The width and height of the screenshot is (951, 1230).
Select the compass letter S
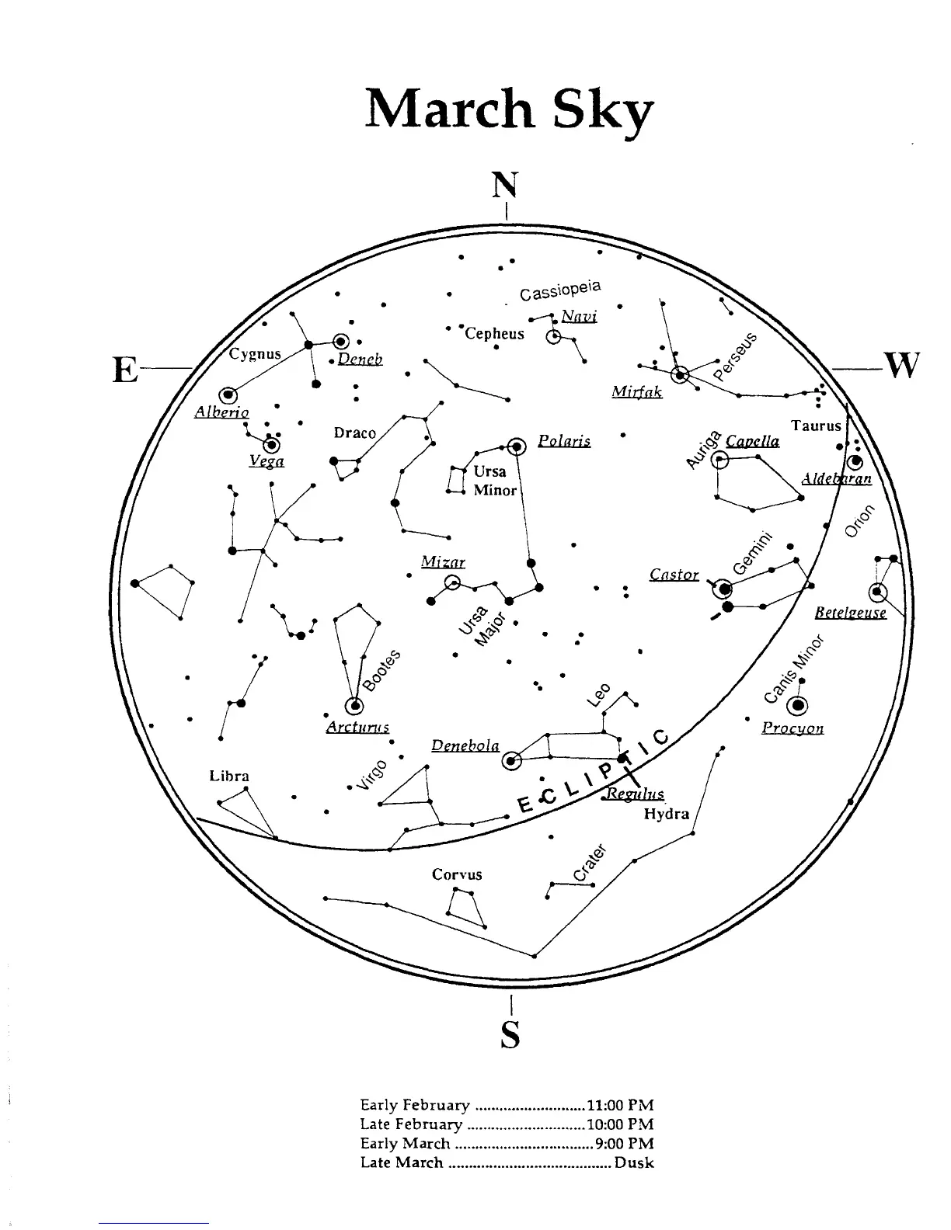tap(510, 1034)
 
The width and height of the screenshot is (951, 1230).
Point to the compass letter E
tap(125, 370)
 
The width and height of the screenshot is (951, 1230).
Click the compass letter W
tap(900, 365)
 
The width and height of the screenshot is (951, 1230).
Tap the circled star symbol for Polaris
tap(517, 446)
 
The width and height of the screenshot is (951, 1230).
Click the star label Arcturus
tap(357, 728)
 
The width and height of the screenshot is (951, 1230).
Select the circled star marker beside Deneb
tap(340, 341)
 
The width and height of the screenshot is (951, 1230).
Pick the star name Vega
tap(266, 461)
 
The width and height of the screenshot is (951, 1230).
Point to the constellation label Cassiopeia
tap(561, 290)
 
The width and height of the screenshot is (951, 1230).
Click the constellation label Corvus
tap(457, 874)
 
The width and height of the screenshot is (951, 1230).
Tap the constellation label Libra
tap(229, 776)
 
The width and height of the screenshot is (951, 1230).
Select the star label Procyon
tap(792, 728)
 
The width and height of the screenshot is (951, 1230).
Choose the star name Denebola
tap(465, 745)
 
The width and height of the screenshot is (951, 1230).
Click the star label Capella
tap(752, 441)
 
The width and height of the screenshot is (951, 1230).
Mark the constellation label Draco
tap(354, 433)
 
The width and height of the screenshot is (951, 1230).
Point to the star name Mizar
tap(443, 561)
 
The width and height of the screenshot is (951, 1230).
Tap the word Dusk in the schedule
tap(634, 1163)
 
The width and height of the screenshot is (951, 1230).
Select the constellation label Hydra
tap(667, 814)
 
